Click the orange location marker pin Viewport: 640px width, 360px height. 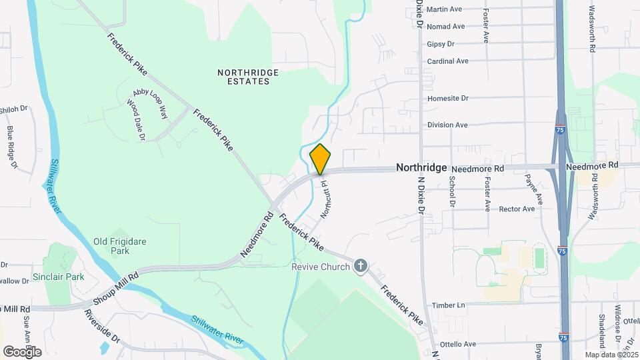tap(320, 159)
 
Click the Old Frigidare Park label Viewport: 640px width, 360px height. tap(120, 247)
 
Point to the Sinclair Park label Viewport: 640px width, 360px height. tap(59, 276)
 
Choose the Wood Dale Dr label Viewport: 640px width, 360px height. tap(136, 121)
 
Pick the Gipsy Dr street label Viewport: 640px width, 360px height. tap(441, 44)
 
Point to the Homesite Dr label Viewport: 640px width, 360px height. tap(447, 98)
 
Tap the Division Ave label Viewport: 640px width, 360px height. tap(447, 125)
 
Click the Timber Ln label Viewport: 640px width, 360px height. tap(448, 305)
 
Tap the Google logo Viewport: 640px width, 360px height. tap(22, 351)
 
